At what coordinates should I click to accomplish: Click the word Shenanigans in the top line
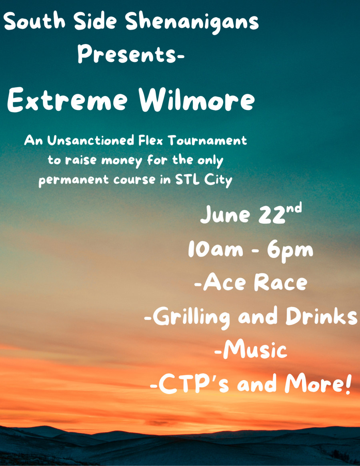[192, 22]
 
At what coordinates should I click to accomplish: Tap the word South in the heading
[34, 21]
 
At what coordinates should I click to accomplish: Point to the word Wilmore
[197, 100]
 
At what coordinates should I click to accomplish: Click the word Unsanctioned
[91, 140]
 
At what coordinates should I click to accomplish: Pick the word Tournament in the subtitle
[208, 140]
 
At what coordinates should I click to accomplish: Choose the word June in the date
[225, 214]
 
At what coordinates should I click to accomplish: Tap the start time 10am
[216, 249]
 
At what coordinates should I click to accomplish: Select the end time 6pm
[290, 250]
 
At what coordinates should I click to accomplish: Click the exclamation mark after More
[348, 383]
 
